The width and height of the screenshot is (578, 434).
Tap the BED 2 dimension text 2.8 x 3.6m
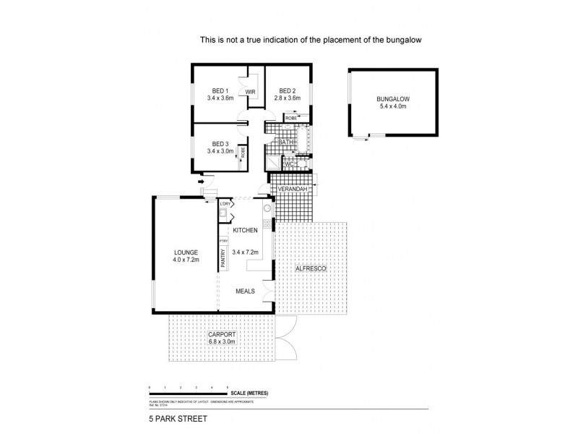(x=287, y=98)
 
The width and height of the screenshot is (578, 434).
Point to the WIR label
(x=251, y=93)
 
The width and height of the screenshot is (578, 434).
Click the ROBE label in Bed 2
(x=290, y=117)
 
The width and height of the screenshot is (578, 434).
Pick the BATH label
(x=285, y=143)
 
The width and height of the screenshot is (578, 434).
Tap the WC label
(x=287, y=164)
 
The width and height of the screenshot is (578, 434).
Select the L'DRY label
(x=225, y=204)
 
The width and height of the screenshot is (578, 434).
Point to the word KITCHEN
(x=246, y=229)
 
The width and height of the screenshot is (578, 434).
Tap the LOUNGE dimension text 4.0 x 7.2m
(x=186, y=259)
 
